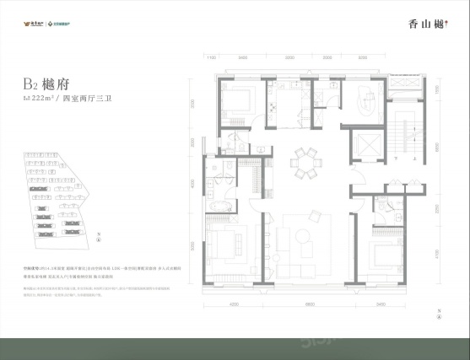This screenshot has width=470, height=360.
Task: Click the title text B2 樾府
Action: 48,84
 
